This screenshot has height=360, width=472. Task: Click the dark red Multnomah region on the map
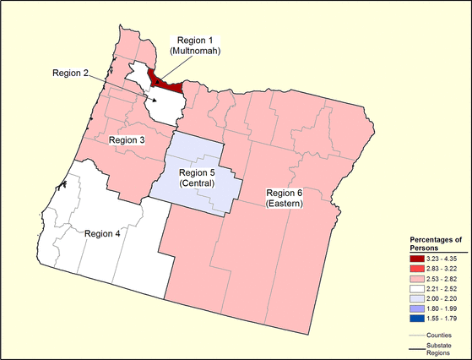click(166, 84)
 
